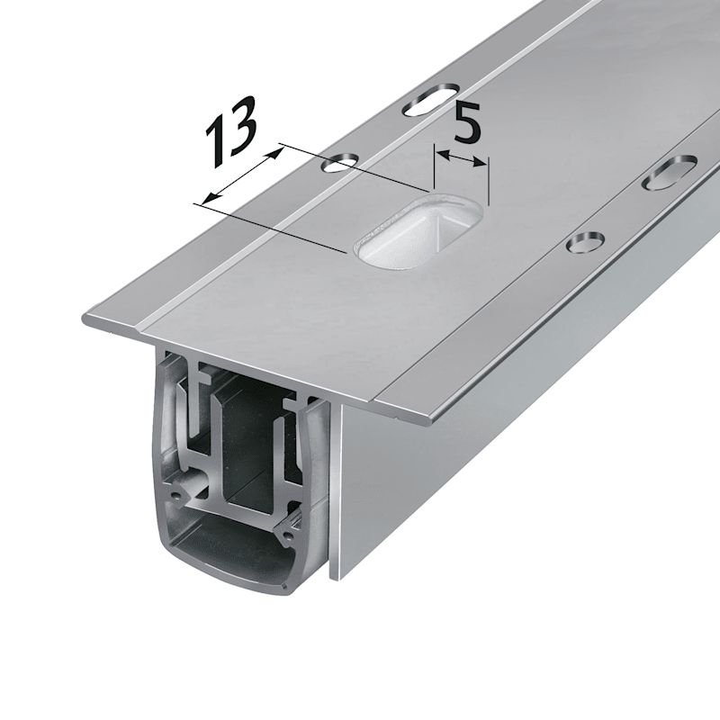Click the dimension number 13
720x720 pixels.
pos(230,131)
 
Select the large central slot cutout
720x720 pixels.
pos(418,231)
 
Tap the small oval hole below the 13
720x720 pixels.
pos(340,162)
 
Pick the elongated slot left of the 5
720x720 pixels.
pos(430,99)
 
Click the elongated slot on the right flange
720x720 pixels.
pos(670,172)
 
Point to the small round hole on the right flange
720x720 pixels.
pos(585,242)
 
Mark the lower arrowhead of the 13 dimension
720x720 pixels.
pos(210,198)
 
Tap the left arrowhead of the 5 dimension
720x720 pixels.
pos(443,155)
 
